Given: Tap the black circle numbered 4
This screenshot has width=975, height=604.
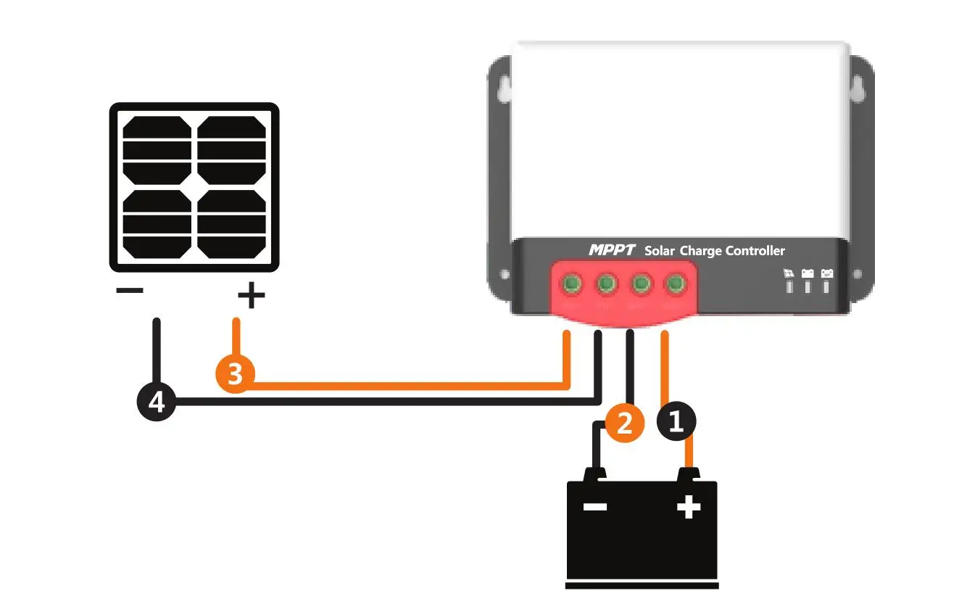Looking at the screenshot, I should (156, 402).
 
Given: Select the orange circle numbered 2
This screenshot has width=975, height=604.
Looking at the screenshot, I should (625, 421).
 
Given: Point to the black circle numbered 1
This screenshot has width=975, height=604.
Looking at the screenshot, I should (676, 421).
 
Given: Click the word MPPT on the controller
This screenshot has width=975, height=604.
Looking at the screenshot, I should (611, 250).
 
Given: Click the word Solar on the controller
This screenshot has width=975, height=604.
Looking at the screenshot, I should (659, 251).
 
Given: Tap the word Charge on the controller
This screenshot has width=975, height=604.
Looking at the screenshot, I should (700, 251).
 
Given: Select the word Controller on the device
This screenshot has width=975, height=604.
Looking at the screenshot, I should (755, 251).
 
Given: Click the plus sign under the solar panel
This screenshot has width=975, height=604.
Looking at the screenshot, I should (251, 296).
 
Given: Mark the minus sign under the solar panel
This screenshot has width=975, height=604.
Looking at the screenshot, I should (130, 291).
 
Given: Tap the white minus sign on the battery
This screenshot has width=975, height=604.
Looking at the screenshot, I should (594, 507).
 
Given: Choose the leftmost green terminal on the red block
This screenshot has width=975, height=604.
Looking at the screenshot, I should (572, 284).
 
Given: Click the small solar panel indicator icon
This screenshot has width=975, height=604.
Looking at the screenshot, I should (789, 274).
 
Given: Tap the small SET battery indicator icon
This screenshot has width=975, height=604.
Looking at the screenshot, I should (826, 274).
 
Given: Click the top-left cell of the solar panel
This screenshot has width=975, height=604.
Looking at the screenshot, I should (157, 149).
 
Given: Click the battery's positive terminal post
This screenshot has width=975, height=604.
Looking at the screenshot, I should (689, 474).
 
